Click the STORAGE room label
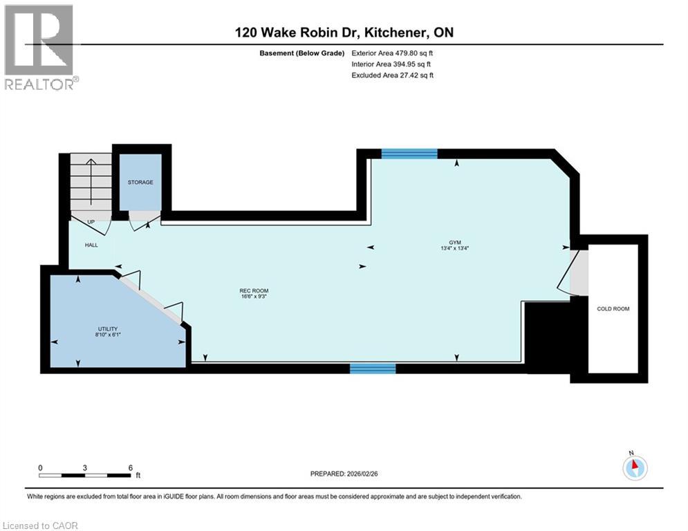click(140, 183)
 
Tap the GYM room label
click(454, 243)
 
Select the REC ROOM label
click(254, 290)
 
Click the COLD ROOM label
click(613, 309)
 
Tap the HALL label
click(91, 245)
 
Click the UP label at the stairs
click(91, 222)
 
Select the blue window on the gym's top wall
click(409, 153)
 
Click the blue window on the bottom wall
click(373, 368)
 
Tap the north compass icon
click(634, 468)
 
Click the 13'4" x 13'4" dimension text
click(454, 249)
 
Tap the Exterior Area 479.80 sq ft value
click(392, 53)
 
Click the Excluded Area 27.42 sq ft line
click(392, 75)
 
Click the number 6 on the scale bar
click(130, 467)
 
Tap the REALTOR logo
click(40, 47)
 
